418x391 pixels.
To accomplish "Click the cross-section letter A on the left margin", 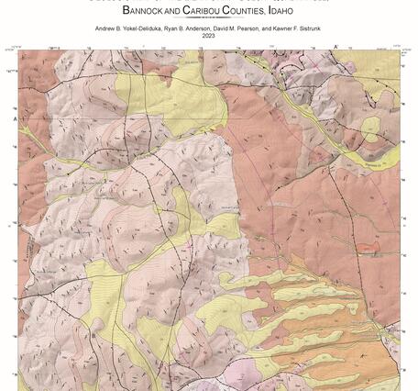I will click(x=15, y=118).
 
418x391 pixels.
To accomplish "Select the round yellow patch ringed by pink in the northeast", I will click(x=370, y=128).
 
